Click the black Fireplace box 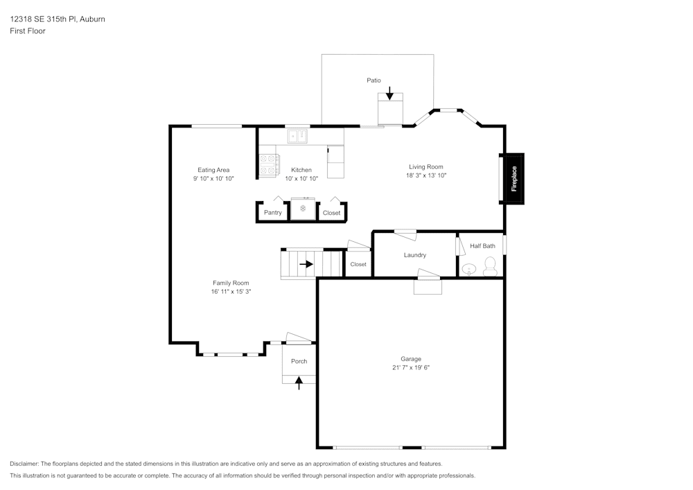point(514,179)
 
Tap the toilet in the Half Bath point(490,266)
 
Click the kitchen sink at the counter point(298,136)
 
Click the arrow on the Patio point(390,93)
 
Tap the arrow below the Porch point(299,383)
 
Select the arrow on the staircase point(306,264)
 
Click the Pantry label point(272,213)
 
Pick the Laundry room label point(415,255)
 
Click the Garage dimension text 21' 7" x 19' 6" point(411,368)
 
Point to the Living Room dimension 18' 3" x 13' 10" point(426,176)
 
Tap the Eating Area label point(213,170)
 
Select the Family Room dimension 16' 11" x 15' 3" point(231,292)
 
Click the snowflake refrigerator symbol point(303,209)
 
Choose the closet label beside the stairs point(358,264)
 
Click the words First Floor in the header point(28,31)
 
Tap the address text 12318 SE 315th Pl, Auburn point(58,19)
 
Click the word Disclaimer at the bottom point(24,464)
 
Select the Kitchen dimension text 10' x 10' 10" point(301,179)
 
